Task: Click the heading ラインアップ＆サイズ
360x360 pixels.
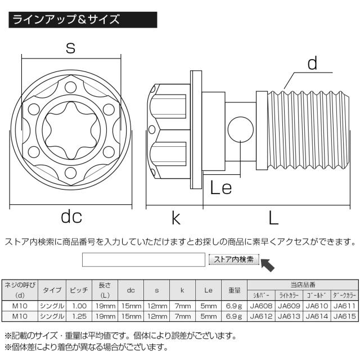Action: (66, 20)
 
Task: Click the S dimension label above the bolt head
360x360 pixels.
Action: (70, 48)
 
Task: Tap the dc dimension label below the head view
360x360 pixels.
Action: (71, 217)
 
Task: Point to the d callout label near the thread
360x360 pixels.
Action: (313, 64)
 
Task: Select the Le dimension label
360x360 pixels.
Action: (220, 187)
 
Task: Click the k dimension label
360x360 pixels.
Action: (177, 217)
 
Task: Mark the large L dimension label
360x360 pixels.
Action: (273, 217)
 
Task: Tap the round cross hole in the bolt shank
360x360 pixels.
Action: (239, 130)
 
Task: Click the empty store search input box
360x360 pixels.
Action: (143, 259)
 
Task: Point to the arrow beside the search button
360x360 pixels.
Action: (271, 264)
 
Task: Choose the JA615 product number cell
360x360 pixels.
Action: (344, 316)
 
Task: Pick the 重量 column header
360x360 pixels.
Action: (235, 291)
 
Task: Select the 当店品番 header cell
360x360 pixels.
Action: (303, 285)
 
